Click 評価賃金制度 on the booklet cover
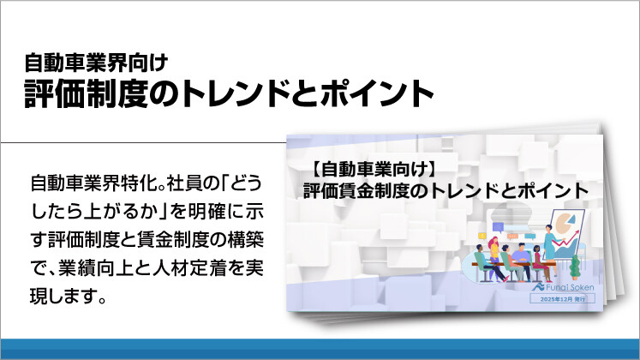click(x=347, y=189)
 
